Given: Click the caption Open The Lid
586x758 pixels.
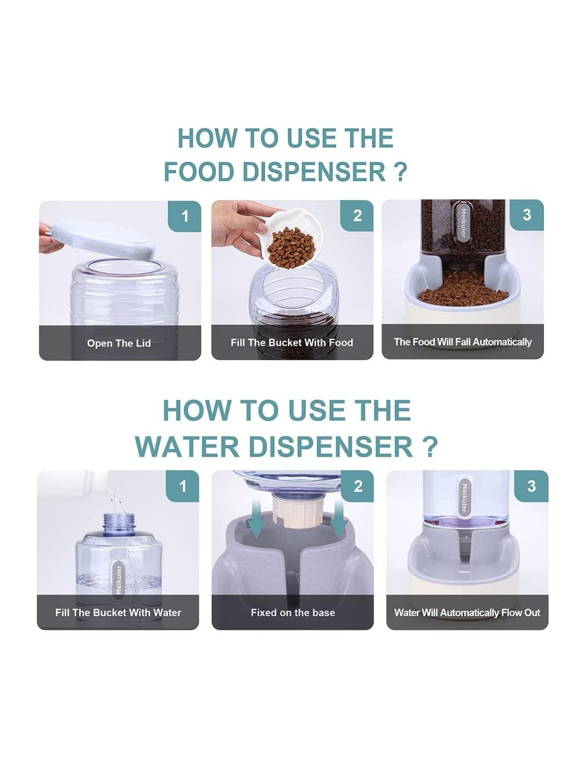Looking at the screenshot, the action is point(119,343).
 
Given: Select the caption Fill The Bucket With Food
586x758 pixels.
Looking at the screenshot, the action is point(292,343).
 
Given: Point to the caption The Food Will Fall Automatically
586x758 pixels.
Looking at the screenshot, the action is point(462,342).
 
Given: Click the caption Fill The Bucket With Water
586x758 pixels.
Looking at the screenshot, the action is point(118,612).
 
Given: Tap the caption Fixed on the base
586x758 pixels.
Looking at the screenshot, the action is point(293,612).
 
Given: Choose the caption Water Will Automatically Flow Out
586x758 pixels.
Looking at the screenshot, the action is point(467,612).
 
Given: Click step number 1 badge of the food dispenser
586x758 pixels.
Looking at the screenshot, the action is point(185,216).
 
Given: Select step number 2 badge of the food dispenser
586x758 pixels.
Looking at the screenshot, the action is point(357,216).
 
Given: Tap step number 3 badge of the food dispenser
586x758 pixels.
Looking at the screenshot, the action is point(527,215).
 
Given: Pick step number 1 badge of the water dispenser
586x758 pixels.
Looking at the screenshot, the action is point(183,486).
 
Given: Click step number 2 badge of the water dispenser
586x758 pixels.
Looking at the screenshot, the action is point(357,486).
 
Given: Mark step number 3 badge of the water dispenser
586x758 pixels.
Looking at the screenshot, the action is point(532,486).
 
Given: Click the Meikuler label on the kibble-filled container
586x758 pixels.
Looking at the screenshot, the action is point(463,223).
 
